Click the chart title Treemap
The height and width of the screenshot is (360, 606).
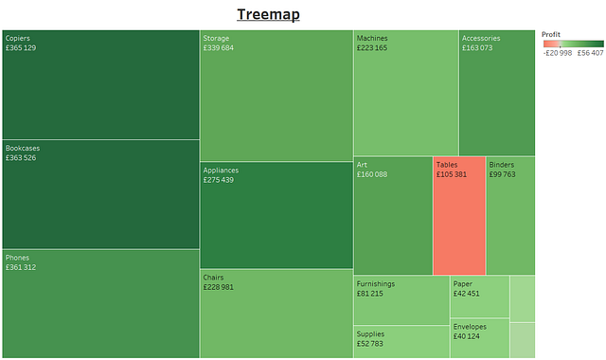268,14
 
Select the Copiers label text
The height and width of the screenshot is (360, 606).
17,39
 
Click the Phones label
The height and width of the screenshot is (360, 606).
17,258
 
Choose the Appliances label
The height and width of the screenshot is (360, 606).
221,171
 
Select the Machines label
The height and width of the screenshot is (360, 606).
372,39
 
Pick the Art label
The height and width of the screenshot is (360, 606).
362,165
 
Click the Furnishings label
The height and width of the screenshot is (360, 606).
376,284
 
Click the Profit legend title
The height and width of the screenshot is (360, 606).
551,34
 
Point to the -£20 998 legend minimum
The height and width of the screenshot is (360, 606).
557,53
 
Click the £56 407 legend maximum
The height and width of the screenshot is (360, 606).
590,53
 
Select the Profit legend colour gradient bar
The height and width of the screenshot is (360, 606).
573,44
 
